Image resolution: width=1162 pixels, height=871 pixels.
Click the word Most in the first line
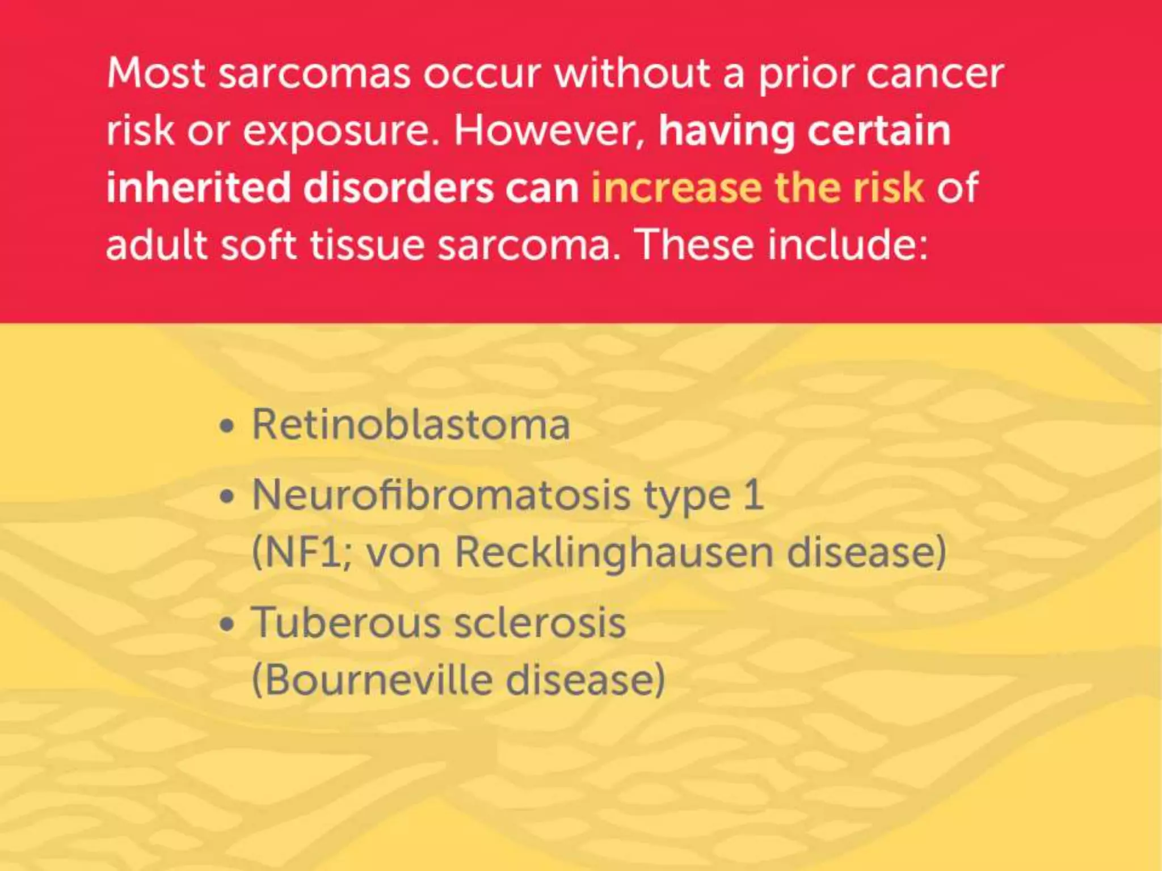155,74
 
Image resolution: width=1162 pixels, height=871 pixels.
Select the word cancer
936,74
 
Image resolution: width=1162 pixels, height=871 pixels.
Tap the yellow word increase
676,188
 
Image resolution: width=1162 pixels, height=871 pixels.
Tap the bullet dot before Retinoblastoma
227,426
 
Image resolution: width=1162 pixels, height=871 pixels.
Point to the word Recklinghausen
613,553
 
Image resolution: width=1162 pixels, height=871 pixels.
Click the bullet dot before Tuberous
227,624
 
